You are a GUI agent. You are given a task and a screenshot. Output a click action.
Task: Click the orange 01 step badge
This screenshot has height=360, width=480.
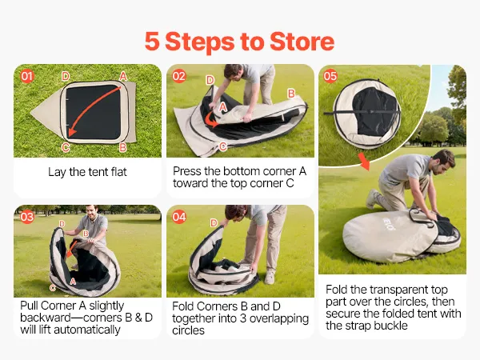pos(27,76)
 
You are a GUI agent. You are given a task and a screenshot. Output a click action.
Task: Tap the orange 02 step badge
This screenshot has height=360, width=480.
pos(179,76)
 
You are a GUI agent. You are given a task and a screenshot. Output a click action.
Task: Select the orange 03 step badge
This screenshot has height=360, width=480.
pos(27,217)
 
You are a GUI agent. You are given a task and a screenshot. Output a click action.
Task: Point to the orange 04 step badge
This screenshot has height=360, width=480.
pos(179,217)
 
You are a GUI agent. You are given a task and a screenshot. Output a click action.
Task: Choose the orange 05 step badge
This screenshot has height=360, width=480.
pos(330,76)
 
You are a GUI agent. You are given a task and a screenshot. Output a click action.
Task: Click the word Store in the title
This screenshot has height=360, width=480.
pos(302,42)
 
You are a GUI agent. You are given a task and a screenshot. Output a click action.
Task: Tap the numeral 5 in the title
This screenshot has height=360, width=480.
pos(152,42)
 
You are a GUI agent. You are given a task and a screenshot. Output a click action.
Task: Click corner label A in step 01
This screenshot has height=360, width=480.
pos(122,76)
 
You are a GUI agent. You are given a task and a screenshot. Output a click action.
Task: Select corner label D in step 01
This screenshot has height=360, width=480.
pos(66,76)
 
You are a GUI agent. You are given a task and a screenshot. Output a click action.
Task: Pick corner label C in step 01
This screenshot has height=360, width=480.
pos(66,147)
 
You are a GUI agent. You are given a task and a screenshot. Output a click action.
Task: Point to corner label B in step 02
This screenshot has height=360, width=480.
pos(291,94)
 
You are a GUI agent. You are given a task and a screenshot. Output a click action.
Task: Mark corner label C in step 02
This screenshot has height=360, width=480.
pos(223,146)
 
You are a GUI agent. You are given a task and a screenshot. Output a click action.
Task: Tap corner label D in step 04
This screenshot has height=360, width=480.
pos(214,223)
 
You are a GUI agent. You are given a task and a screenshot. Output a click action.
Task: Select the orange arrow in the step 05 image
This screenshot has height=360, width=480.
pos(365,162)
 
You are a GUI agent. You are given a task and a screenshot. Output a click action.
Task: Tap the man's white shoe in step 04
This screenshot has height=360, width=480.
pos(269,277)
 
